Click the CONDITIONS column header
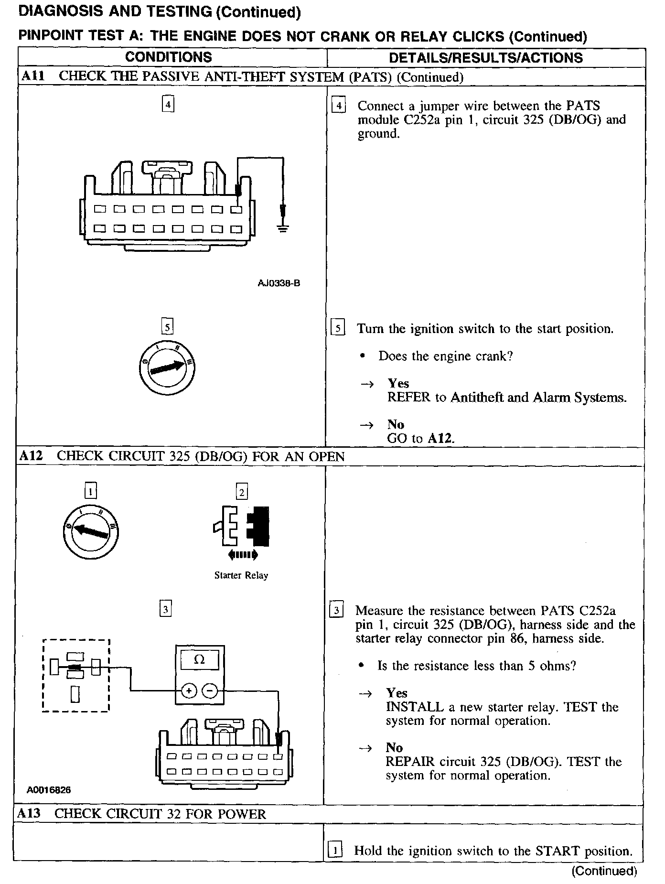(x=168, y=57)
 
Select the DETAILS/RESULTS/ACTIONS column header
(x=486, y=58)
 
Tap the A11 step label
(x=32, y=76)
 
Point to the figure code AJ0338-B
(x=279, y=283)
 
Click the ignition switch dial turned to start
(x=167, y=368)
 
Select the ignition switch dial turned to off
(x=91, y=532)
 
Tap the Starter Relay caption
(x=241, y=575)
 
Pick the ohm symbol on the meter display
(x=200, y=660)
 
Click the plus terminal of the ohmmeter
(x=189, y=690)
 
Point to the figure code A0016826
(x=49, y=790)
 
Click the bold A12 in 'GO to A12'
(x=439, y=438)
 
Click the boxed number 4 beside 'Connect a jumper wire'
(x=338, y=106)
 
